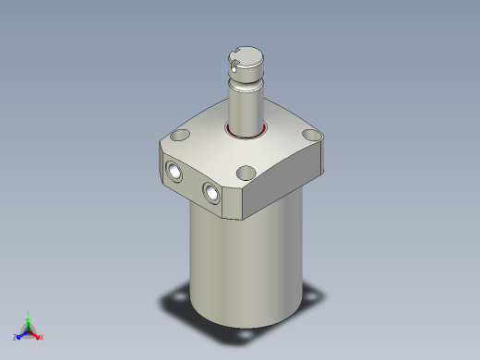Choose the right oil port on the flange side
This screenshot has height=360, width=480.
(x=213, y=193)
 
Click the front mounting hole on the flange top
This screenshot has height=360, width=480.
(x=246, y=173)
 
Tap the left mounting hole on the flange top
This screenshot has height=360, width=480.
(x=182, y=137)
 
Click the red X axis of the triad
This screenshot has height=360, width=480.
(x=38, y=336)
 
